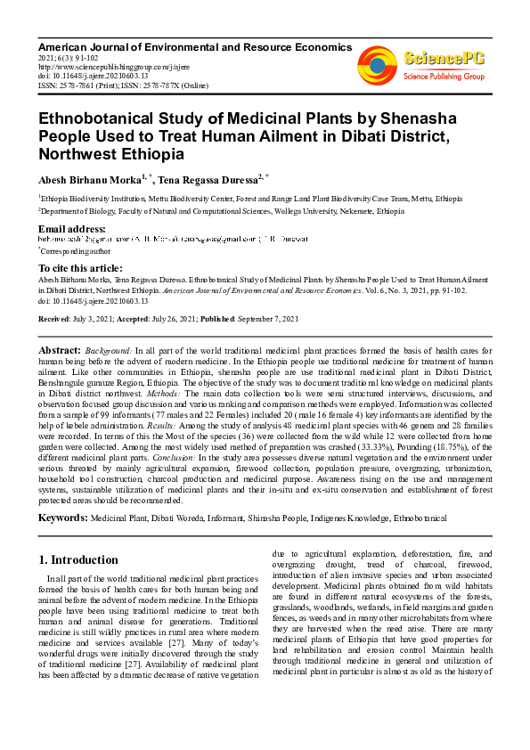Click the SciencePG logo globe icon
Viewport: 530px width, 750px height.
378,64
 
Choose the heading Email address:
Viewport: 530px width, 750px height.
72,229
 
